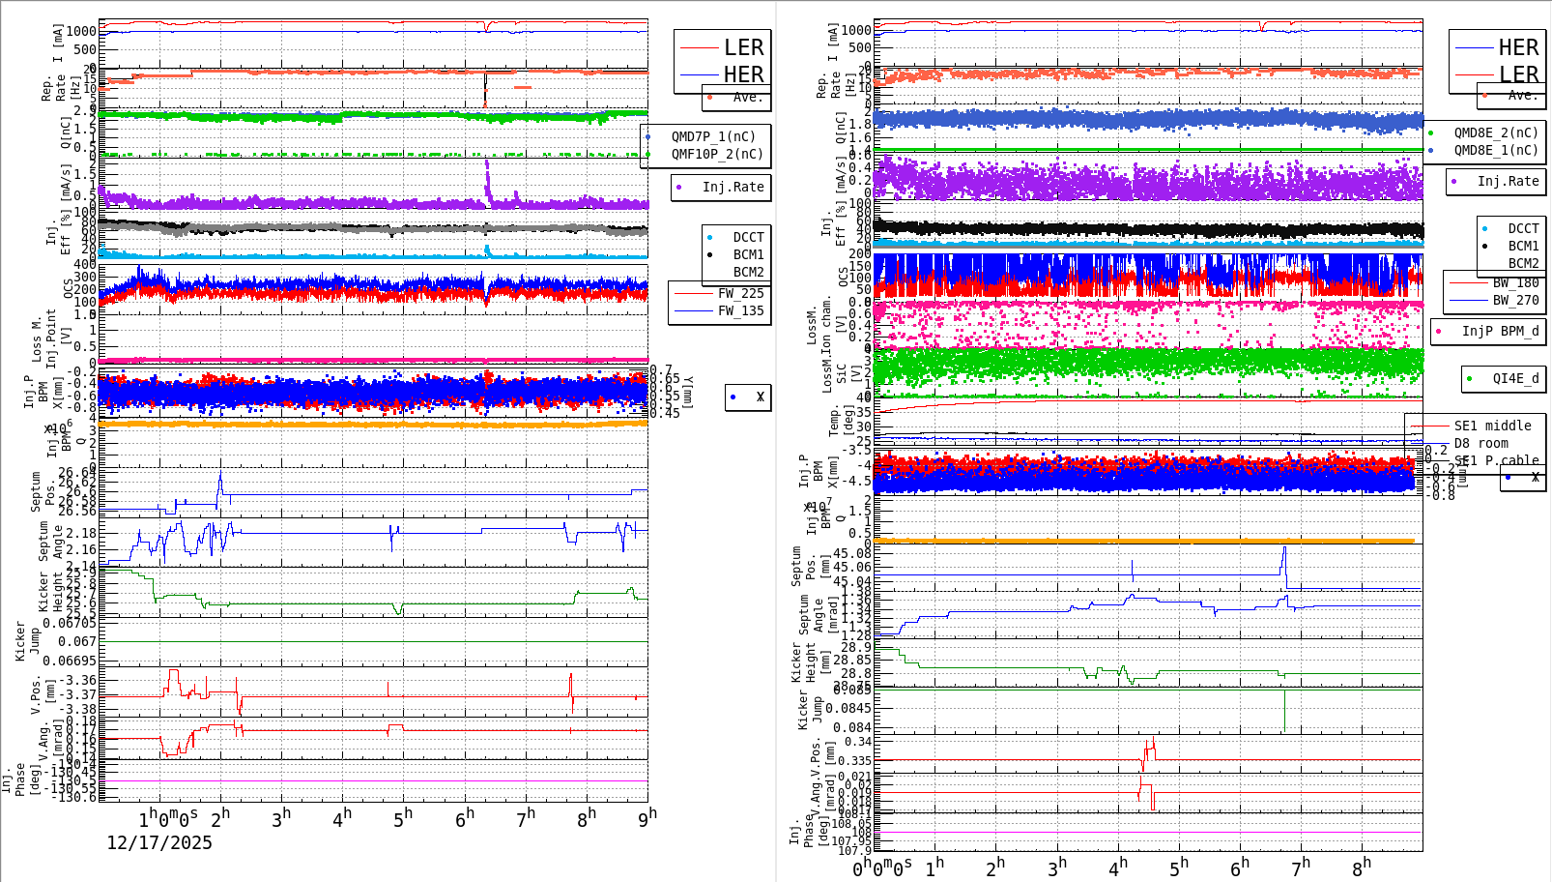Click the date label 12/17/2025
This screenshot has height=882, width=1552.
[158, 842]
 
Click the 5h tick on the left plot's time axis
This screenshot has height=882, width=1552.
[402, 818]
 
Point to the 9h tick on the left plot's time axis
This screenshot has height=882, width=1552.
[647, 818]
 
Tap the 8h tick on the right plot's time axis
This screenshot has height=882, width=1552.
[1361, 867]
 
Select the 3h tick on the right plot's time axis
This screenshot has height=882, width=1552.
[1056, 867]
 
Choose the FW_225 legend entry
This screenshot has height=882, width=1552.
[740, 294]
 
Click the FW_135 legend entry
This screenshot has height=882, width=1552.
[740, 311]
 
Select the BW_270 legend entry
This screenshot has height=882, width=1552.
[1515, 301]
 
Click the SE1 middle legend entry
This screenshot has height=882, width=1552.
[1492, 426]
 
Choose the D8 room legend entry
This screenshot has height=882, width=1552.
[1480, 444]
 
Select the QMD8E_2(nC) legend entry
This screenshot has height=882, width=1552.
[1495, 133]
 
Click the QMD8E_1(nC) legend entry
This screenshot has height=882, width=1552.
[1495, 151]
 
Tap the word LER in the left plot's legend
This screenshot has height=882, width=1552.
[743, 47]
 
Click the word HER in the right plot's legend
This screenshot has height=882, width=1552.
[1518, 47]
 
